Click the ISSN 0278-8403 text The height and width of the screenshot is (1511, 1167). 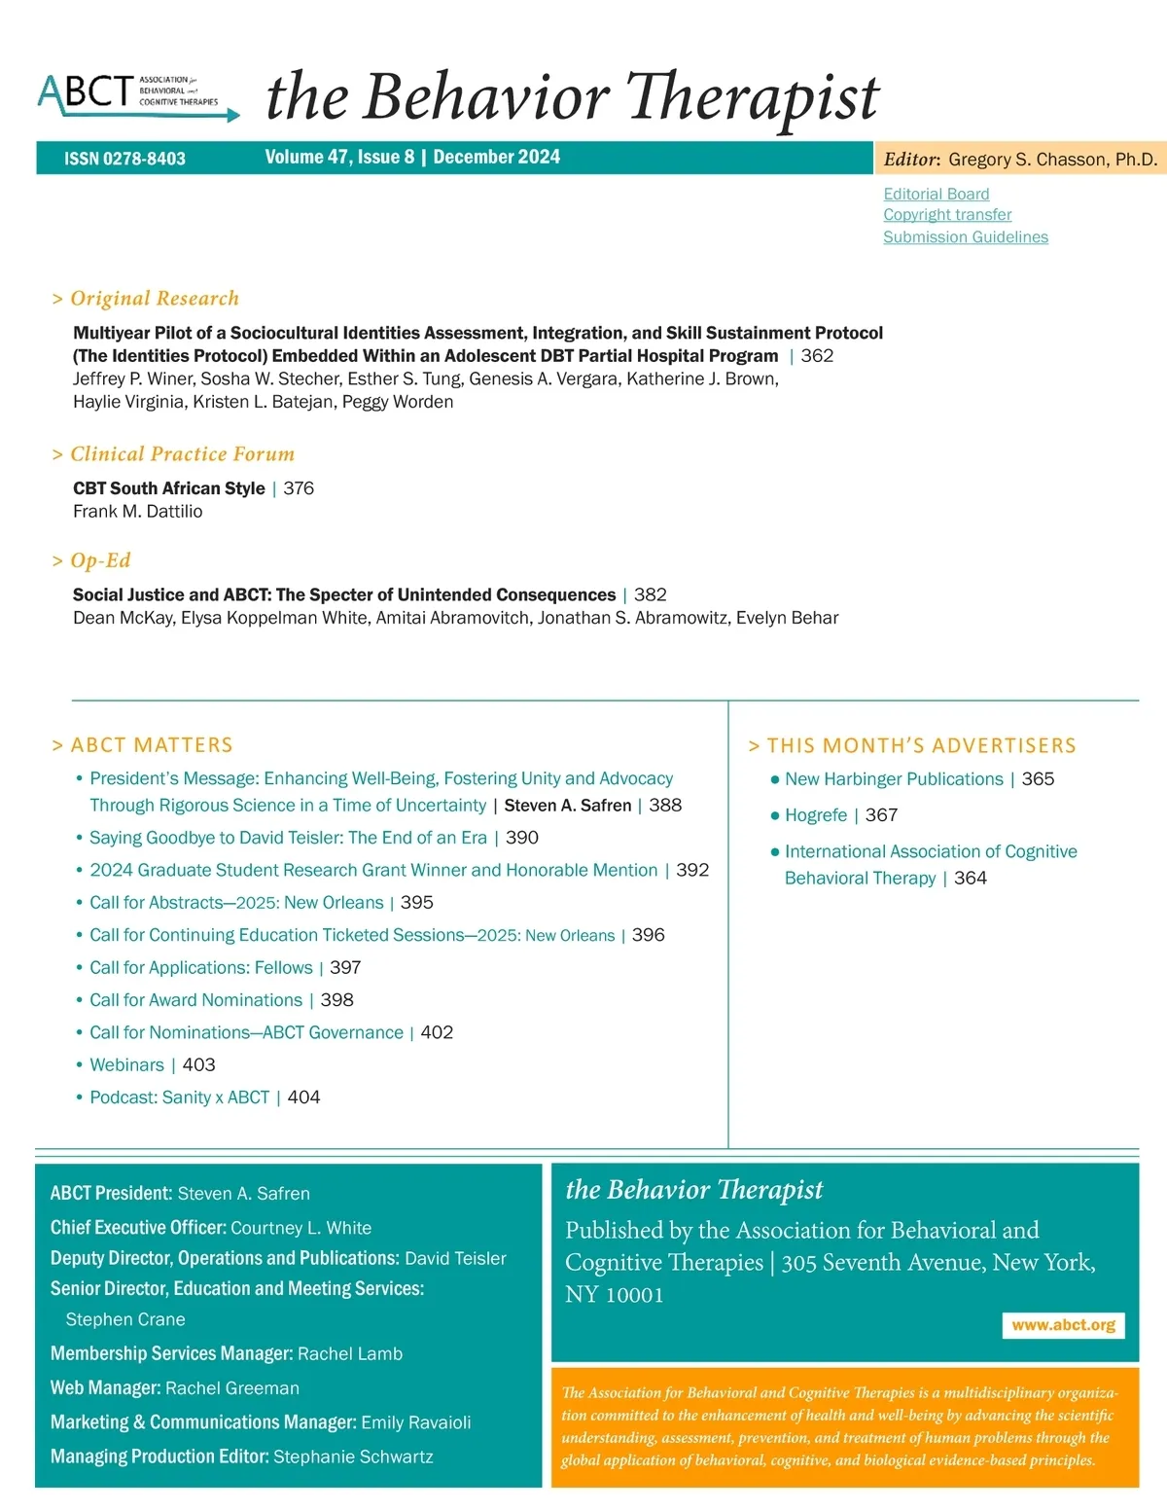[x=124, y=159]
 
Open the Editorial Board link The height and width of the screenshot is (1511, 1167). [x=936, y=194]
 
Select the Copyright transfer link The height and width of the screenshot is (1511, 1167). [x=947, y=214]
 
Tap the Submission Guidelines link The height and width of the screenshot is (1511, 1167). [x=965, y=236]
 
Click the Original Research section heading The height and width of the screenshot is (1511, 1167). [x=154, y=299]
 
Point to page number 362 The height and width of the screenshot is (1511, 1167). [x=817, y=356]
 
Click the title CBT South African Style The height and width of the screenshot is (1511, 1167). [x=168, y=488]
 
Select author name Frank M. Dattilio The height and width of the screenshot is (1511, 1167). [x=137, y=512]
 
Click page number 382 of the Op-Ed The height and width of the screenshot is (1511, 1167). [x=651, y=594]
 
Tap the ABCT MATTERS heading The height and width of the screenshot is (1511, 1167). [x=151, y=745]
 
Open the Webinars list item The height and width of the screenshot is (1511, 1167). [x=126, y=1065]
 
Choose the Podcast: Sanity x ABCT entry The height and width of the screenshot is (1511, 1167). [x=179, y=1097]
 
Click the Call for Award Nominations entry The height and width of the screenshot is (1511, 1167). [x=195, y=1000]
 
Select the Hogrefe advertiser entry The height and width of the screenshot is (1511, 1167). [x=815, y=815]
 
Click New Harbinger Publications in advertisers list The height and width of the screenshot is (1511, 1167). [x=893, y=779]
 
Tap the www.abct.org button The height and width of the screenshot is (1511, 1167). [x=1063, y=1325]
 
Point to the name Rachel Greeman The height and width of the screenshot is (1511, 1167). [x=231, y=1388]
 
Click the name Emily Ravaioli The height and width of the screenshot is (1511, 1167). [x=415, y=1422]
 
